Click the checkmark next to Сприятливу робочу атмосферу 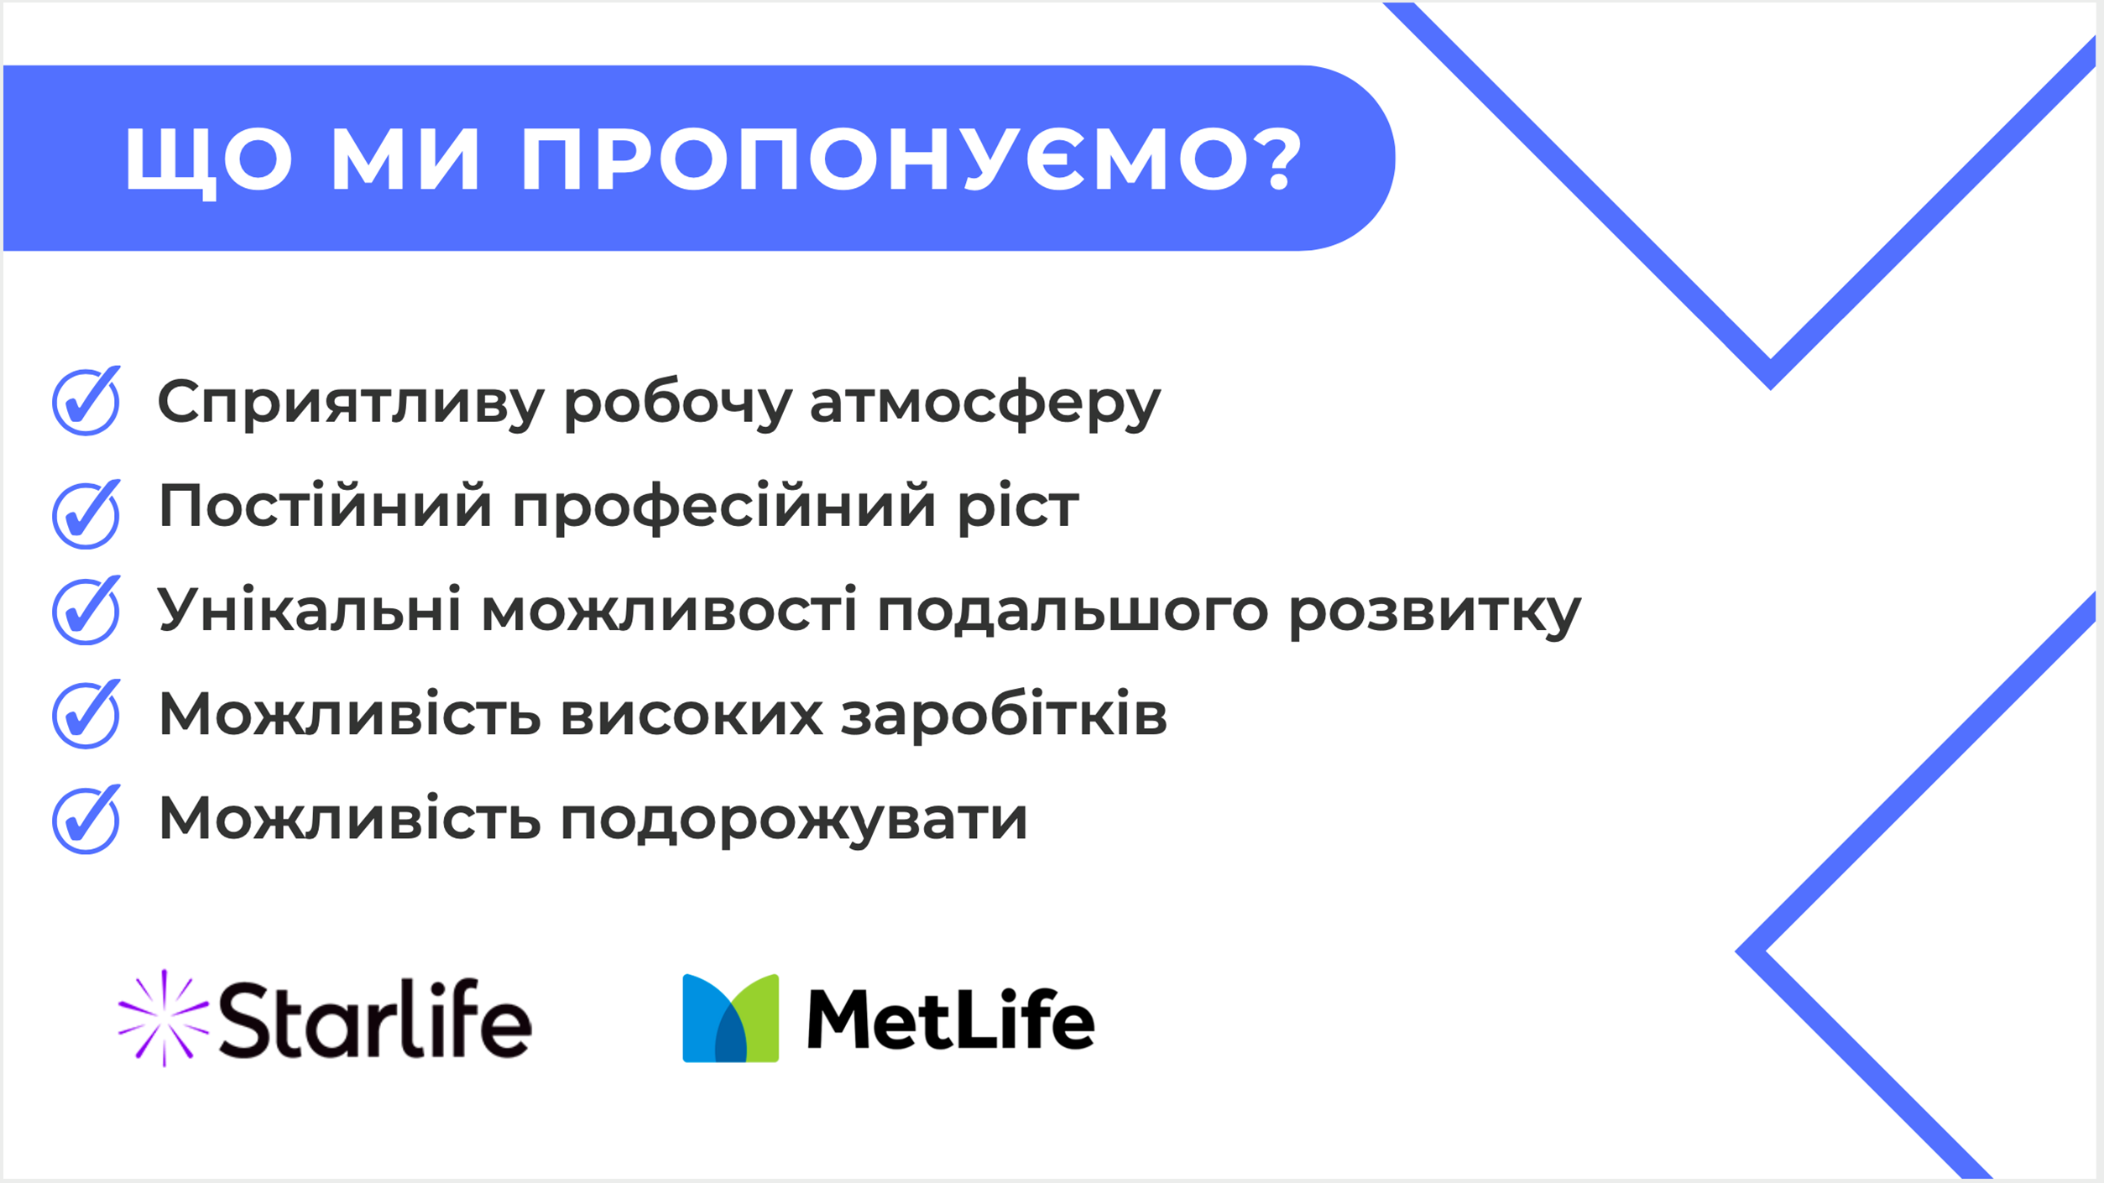[x=86, y=401]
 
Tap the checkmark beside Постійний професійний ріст [x=86, y=514]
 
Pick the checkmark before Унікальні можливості [x=86, y=610]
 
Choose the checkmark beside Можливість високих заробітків [x=86, y=714]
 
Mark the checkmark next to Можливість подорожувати [x=86, y=820]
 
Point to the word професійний [x=723, y=507]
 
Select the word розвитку [x=1434, y=611]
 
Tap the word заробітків [x=1004, y=714]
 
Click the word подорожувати [x=794, y=820]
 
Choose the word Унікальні [x=310, y=609]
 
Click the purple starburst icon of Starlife [x=164, y=1019]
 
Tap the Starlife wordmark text [x=375, y=1019]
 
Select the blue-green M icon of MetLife [x=730, y=1019]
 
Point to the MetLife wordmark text [x=951, y=1019]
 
